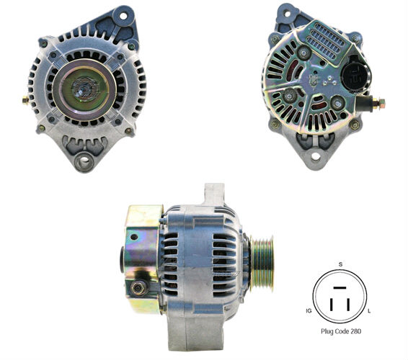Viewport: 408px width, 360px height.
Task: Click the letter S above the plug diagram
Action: (340, 264)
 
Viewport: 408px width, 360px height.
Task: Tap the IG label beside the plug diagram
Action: (309, 311)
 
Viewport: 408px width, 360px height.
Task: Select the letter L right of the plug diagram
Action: (369, 311)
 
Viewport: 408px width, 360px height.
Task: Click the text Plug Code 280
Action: (341, 331)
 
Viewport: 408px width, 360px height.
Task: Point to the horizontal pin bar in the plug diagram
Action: (340, 288)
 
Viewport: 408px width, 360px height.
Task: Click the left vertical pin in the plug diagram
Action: (332, 305)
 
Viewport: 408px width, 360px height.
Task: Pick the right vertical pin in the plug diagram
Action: (348, 305)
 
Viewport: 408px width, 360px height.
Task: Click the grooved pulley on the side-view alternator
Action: (262, 264)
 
